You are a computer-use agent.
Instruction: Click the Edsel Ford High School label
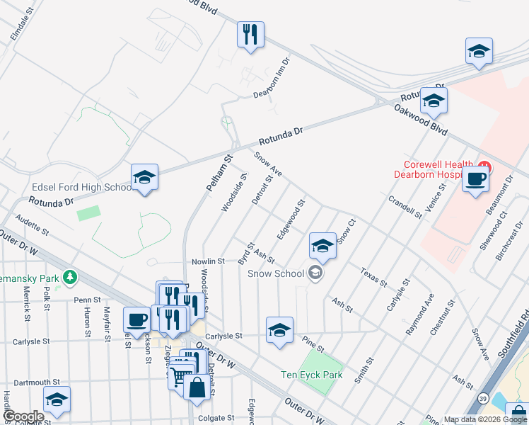click(x=81, y=188)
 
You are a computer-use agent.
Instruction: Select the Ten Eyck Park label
click(x=311, y=375)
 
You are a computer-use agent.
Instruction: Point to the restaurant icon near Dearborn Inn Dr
click(x=250, y=35)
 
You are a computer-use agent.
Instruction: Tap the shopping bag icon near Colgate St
click(x=197, y=387)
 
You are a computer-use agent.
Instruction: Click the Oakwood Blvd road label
click(x=422, y=121)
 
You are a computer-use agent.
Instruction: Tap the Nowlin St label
click(x=208, y=261)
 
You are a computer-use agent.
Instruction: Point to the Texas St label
click(x=373, y=277)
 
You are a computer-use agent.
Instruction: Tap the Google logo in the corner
click(x=24, y=416)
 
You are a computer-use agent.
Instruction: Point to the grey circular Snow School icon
click(x=315, y=273)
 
